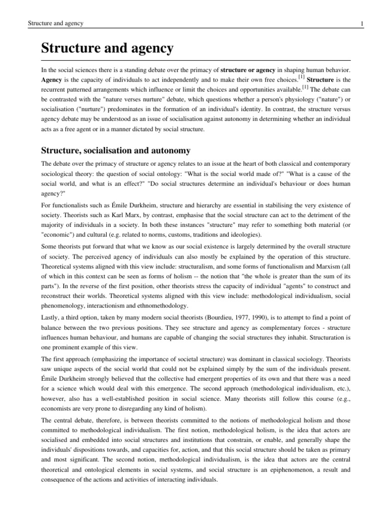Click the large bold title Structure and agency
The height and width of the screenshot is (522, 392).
tap(107, 49)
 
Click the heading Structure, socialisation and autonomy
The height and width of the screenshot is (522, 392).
tap(116, 150)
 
